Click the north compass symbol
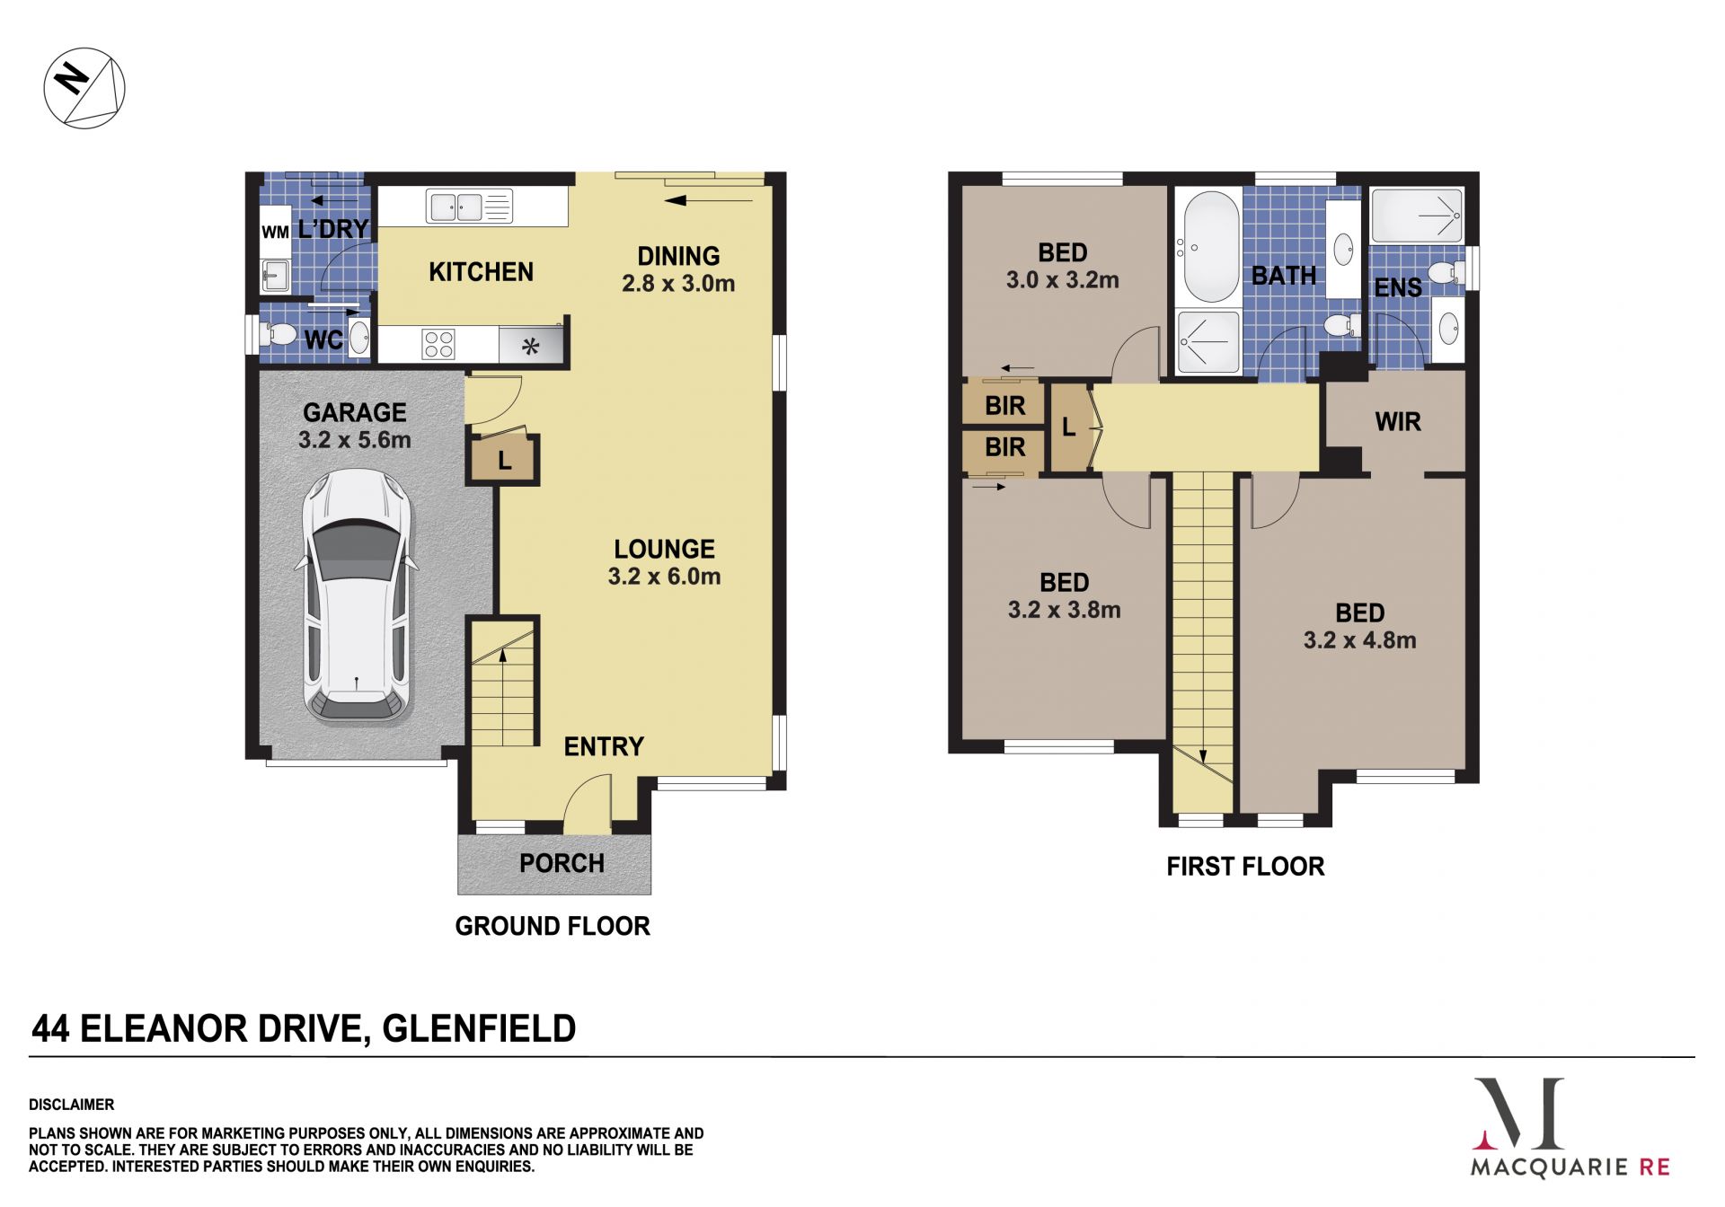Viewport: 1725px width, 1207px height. click(84, 88)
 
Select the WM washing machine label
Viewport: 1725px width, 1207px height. click(275, 232)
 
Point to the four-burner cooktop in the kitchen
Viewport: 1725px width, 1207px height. click(438, 344)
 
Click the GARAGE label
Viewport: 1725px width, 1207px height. click(355, 412)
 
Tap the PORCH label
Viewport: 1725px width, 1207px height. click(562, 863)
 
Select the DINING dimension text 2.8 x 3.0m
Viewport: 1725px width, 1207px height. click(678, 284)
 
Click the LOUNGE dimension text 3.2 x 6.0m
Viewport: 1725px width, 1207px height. click(664, 577)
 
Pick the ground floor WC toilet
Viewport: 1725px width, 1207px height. click(278, 335)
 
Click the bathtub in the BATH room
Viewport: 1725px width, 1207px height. click(1211, 246)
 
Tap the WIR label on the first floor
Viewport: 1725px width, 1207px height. click(1398, 422)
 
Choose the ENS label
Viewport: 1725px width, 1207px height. click(1398, 287)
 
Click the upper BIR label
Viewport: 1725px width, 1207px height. click(1004, 406)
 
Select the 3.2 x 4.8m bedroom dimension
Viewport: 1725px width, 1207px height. click(1359, 640)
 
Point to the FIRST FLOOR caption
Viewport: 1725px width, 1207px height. click(1245, 867)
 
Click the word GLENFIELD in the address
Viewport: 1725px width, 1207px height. click(479, 1029)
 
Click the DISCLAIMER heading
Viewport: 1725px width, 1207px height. click(72, 1105)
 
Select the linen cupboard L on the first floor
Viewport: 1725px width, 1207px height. click(1069, 427)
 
